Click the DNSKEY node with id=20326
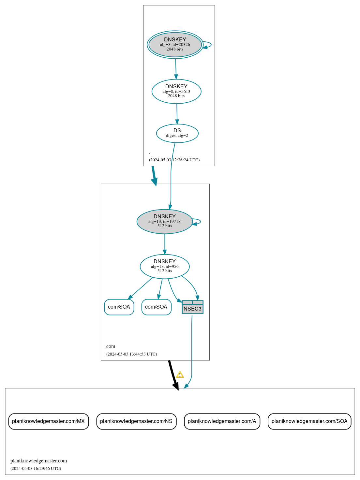[175, 45]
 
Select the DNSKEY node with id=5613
[176, 92]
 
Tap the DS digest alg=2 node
[177, 133]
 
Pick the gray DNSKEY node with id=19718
[164, 222]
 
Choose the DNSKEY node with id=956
[164, 267]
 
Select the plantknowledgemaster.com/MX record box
[49, 421]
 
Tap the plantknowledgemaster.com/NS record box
[136, 421]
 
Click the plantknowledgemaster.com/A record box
[222, 421]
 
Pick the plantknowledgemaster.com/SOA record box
[309, 421]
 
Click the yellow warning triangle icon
[180, 375]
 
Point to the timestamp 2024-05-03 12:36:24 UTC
[174, 160]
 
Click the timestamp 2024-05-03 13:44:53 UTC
[131, 354]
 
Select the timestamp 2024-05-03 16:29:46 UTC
[36, 469]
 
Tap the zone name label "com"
[111, 346]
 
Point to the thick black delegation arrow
[173, 375]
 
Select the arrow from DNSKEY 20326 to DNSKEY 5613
[176, 69]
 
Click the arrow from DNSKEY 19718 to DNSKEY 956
[165, 244]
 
